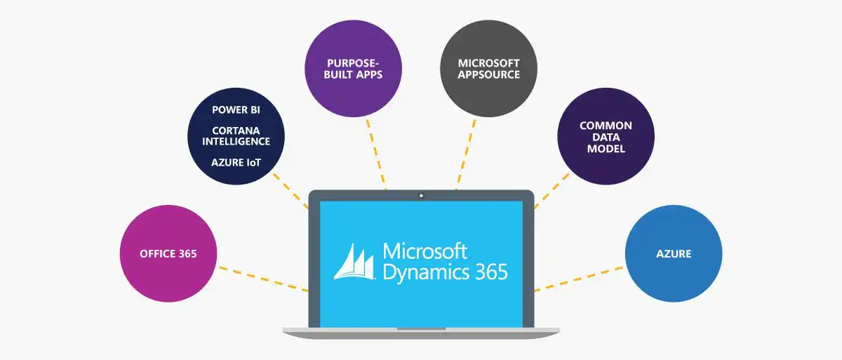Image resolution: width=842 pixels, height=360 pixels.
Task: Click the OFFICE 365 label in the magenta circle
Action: [168, 254]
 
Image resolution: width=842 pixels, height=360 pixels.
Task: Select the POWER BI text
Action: [236, 110]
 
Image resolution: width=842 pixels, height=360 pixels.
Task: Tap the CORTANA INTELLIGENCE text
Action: [236, 135]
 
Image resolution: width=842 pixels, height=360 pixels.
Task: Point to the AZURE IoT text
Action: [236, 162]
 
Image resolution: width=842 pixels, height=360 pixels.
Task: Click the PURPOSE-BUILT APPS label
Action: [354, 68]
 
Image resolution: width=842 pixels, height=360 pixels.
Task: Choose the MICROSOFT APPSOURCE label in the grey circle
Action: [489, 68]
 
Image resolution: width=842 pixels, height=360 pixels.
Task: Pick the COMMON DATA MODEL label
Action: [606, 137]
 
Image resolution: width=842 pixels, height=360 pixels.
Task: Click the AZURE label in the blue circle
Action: [674, 254]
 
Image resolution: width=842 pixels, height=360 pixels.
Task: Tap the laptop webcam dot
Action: [421, 195]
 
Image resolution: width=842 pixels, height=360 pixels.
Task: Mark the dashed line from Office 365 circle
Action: [263, 278]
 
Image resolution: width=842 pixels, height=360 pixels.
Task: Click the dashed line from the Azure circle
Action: [579, 278]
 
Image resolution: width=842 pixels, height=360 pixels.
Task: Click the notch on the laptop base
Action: [421, 328]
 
